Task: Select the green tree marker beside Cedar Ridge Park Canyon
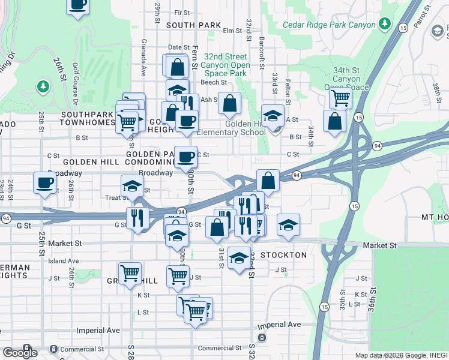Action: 385,25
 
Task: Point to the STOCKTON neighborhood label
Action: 283,255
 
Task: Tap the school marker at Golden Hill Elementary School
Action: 273,116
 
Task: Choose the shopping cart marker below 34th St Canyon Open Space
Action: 340,98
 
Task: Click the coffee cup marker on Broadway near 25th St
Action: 44,183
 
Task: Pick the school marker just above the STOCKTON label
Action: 239,258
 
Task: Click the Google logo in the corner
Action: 20,353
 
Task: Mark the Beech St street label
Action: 214,82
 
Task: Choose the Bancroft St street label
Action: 262,52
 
